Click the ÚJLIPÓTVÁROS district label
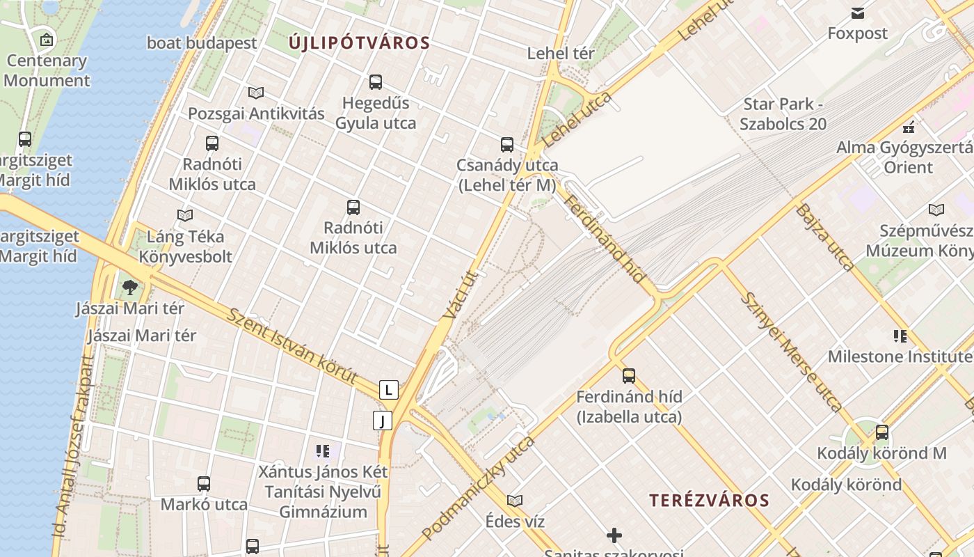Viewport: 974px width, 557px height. coord(359,43)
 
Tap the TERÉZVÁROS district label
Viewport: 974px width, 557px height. coord(709,500)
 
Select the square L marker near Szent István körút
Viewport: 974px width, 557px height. coord(389,390)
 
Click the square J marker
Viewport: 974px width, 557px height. coord(383,421)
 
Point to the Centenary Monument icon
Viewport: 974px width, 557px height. coord(47,40)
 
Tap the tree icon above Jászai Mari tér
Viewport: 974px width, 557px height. coord(130,287)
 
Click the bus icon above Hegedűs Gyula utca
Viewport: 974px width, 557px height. coord(376,82)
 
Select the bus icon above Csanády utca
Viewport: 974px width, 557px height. coord(507,145)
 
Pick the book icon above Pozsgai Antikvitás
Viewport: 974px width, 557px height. coord(256,93)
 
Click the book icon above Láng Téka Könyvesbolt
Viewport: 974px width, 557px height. coord(185,216)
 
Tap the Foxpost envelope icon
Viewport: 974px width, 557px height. coord(858,13)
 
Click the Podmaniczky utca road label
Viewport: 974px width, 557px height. coord(478,487)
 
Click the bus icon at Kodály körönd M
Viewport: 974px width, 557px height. coord(882,432)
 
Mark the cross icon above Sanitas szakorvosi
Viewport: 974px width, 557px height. coord(614,535)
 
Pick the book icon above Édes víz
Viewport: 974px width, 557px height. coord(515,501)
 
